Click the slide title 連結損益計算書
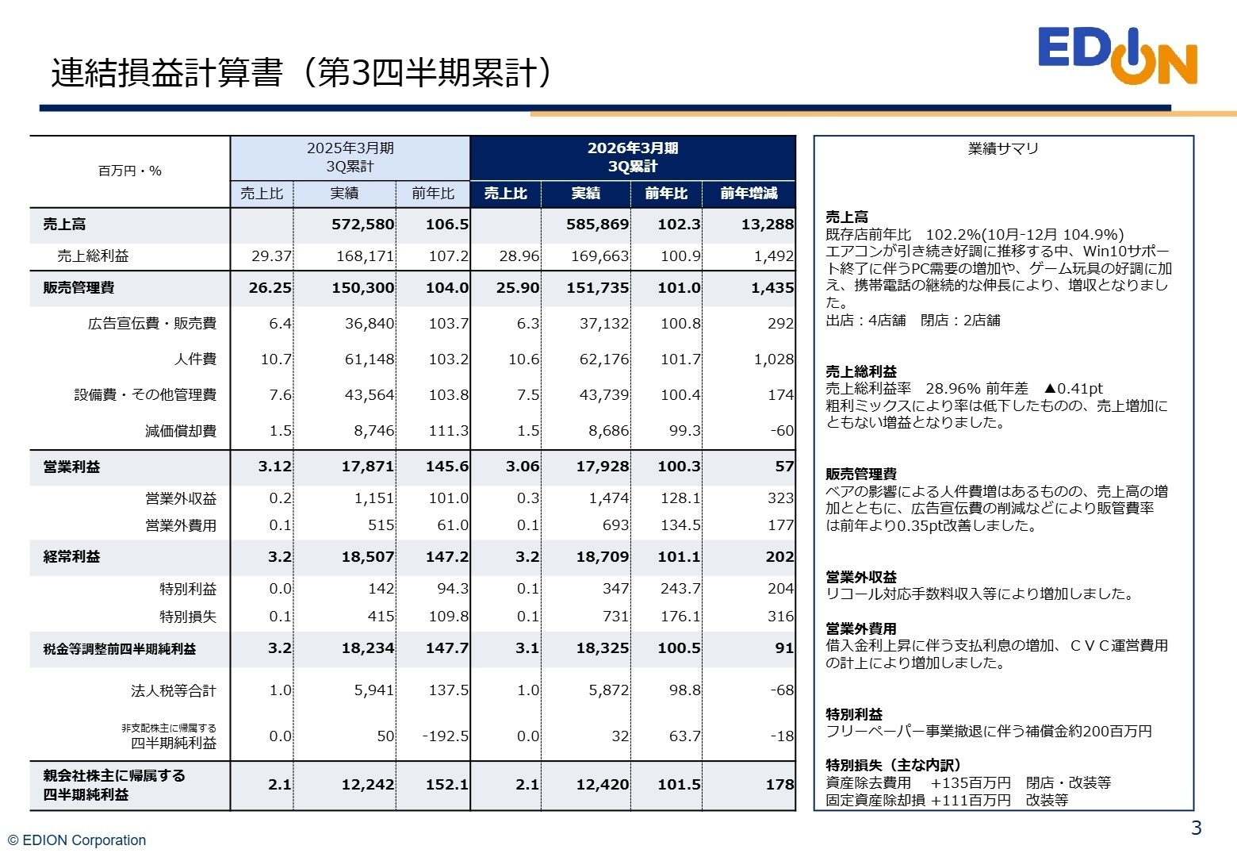(x=301, y=73)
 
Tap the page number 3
(x=1196, y=828)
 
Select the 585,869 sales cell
(x=596, y=225)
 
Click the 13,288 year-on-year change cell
(x=767, y=225)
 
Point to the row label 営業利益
(x=71, y=467)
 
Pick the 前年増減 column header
(x=749, y=194)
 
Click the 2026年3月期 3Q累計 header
(x=632, y=157)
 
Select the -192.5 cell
(x=445, y=736)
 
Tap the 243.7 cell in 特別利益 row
(x=680, y=589)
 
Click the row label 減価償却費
(x=180, y=431)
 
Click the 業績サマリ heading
(x=1003, y=148)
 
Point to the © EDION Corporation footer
(x=77, y=840)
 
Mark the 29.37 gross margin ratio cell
(x=271, y=256)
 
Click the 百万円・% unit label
(x=129, y=171)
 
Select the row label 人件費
(x=195, y=359)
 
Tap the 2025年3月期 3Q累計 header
(x=350, y=157)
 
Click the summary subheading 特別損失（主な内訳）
(x=893, y=765)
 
